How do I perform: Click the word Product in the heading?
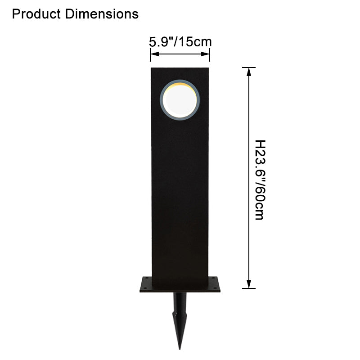[x=36, y=14]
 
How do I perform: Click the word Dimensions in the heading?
[x=102, y=14]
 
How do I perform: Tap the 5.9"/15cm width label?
[x=180, y=42]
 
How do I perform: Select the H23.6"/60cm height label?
[x=261, y=180]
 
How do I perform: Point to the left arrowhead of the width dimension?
[x=155, y=54]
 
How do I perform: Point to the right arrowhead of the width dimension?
[x=205, y=54]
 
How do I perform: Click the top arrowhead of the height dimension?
[x=249, y=72]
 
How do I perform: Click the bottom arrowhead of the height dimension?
[x=249, y=284]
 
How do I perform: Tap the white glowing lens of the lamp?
[x=180, y=100]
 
